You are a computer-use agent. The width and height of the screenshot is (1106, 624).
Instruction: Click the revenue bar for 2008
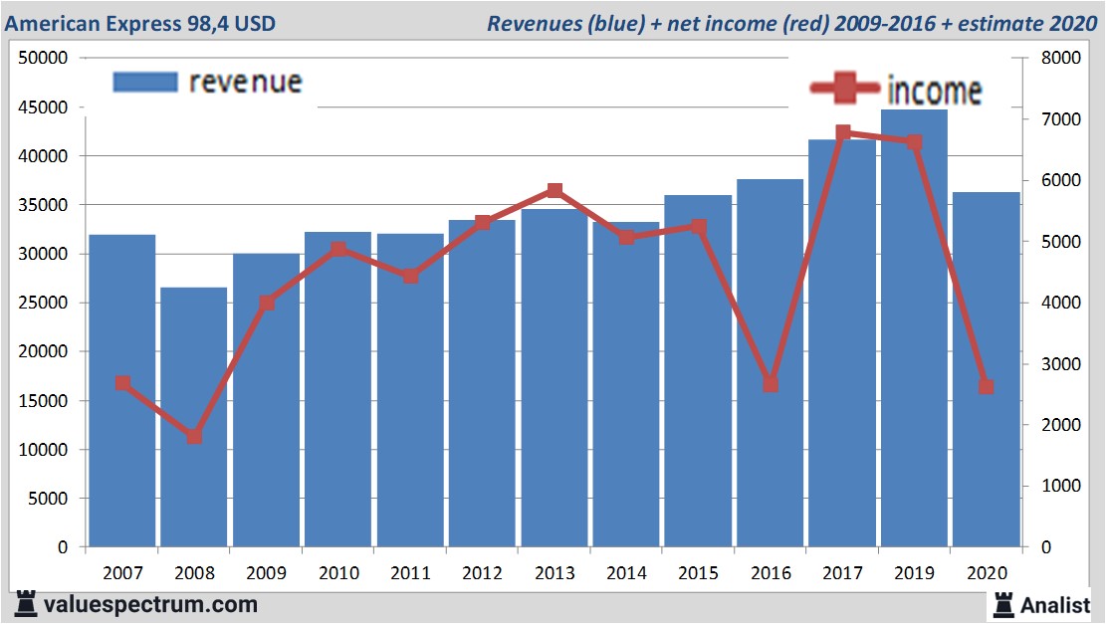coord(194,418)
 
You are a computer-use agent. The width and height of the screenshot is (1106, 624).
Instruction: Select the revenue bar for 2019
coord(914,328)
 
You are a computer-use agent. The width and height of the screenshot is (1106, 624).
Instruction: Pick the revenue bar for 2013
coord(554,378)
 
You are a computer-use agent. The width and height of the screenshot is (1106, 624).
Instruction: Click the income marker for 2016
coord(770,384)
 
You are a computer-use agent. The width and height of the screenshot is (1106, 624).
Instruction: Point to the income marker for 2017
coord(842,132)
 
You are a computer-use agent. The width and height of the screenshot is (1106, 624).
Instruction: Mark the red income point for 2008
coord(194,436)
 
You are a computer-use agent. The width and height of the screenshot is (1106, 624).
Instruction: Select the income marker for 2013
coord(554,191)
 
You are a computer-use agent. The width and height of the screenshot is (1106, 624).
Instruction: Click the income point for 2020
coord(986,386)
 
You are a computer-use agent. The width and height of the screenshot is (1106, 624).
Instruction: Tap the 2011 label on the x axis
coord(410,573)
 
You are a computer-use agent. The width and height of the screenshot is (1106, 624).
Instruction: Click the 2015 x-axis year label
coord(698,573)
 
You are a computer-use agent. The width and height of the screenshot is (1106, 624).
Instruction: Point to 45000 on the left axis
coord(42,107)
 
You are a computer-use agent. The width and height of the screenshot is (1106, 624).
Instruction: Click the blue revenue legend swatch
coord(144,82)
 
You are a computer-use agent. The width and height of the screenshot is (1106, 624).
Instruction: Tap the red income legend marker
coord(844,89)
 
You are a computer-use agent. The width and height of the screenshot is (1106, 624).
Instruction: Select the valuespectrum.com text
coord(150,604)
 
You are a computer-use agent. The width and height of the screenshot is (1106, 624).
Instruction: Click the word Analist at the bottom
coord(1054,604)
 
